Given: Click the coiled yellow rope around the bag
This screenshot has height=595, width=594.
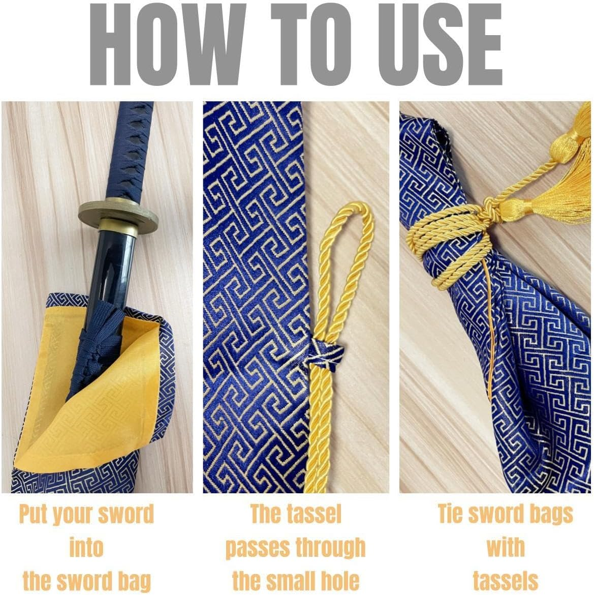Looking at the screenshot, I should (x=447, y=249).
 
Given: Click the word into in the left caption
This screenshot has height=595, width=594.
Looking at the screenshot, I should (x=86, y=548).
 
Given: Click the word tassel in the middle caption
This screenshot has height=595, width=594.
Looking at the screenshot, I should (x=316, y=514).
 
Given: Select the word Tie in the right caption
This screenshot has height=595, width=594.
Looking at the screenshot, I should (x=451, y=514).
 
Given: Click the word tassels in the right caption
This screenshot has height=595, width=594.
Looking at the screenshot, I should (x=505, y=581).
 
